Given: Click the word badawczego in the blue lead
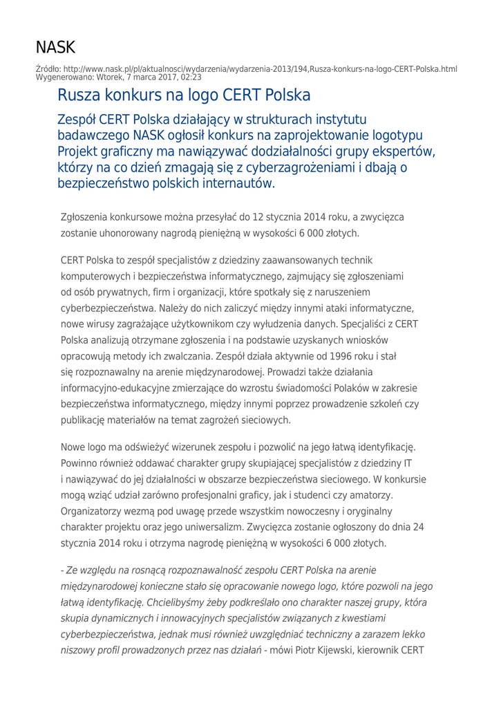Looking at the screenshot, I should click(93, 133).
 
